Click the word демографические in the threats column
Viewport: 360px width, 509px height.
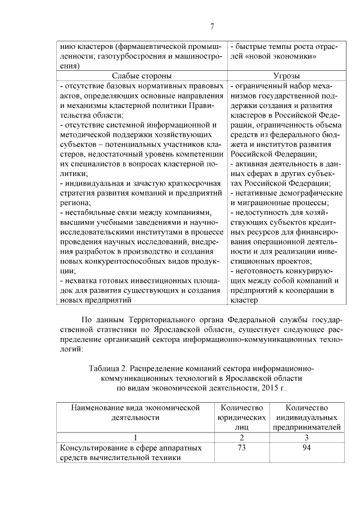tap(304, 193)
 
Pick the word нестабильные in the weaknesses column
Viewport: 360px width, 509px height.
tap(86, 213)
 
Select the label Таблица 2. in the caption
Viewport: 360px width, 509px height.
tap(109, 368)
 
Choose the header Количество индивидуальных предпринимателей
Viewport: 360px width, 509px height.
tap(307, 417)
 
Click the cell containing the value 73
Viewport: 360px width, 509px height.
tap(241, 448)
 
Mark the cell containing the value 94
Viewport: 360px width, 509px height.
tap(307, 448)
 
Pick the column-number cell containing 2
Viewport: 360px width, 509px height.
tap(241, 437)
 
